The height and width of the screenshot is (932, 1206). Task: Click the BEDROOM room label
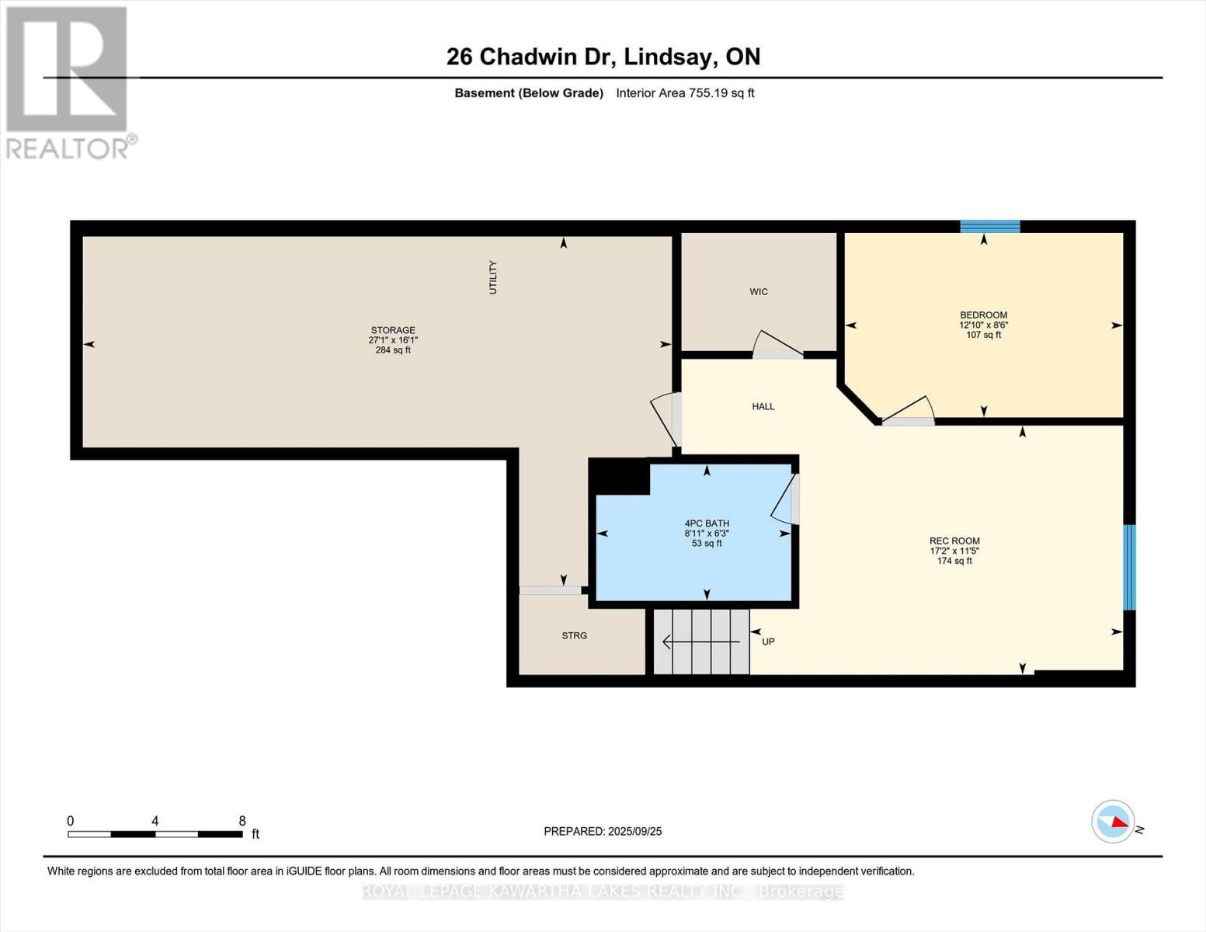[983, 315]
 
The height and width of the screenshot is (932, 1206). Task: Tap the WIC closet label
[759, 292]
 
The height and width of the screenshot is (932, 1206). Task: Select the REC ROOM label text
[954, 541]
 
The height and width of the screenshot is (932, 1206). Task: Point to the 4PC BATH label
[707, 523]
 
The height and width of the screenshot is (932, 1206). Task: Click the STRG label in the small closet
[575, 635]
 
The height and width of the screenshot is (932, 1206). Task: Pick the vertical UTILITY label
[492, 277]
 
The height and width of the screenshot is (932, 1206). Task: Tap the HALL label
[763, 406]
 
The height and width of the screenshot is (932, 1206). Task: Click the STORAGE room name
[393, 330]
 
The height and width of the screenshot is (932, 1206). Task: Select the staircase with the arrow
[701, 642]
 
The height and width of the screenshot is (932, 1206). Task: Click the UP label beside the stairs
[768, 642]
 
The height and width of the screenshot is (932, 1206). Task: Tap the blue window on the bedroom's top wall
[989, 226]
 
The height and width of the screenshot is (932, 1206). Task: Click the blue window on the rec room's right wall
[1129, 567]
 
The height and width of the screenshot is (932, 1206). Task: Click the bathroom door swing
[784, 501]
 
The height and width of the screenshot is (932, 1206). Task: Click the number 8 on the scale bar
[242, 821]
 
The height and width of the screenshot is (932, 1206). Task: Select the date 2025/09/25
[634, 831]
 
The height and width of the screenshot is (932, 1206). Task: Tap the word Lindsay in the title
[669, 57]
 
